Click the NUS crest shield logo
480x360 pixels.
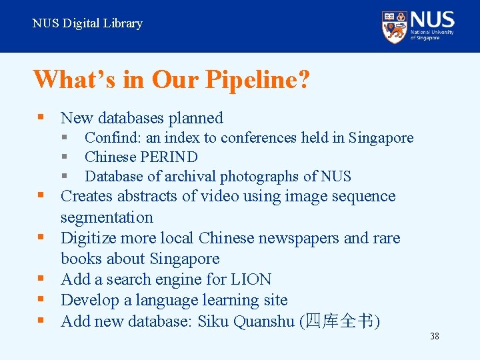[394, 27]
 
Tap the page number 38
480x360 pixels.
[435, 336]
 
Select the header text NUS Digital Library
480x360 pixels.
[87, 23]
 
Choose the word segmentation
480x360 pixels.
[107, 218]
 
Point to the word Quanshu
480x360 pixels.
[263, 321]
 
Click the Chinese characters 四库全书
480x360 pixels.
[340, 321]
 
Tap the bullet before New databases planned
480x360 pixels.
[41, 118]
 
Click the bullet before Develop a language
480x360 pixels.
[41, 300]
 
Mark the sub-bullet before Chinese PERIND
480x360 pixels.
[65, 157]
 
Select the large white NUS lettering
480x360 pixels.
[433, 19]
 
